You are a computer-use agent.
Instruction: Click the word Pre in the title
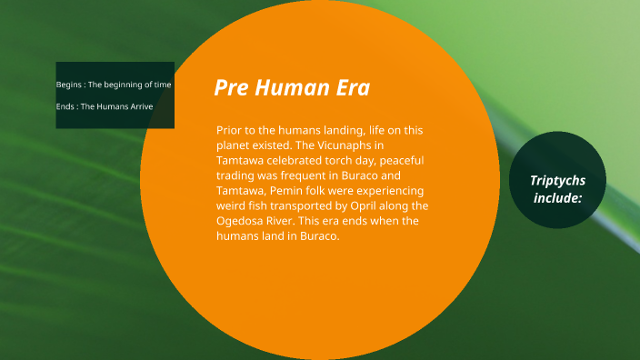[230, 88]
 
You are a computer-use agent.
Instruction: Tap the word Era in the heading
[351, 88]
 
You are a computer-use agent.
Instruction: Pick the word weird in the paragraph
[232, 205]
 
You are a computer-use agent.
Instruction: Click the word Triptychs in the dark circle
[557, 180]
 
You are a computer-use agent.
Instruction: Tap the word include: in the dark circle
[557, 196]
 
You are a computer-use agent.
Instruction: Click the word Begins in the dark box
[69, 85]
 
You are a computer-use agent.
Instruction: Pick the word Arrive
[139, 106]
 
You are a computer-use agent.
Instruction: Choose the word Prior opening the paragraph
[231, 130]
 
